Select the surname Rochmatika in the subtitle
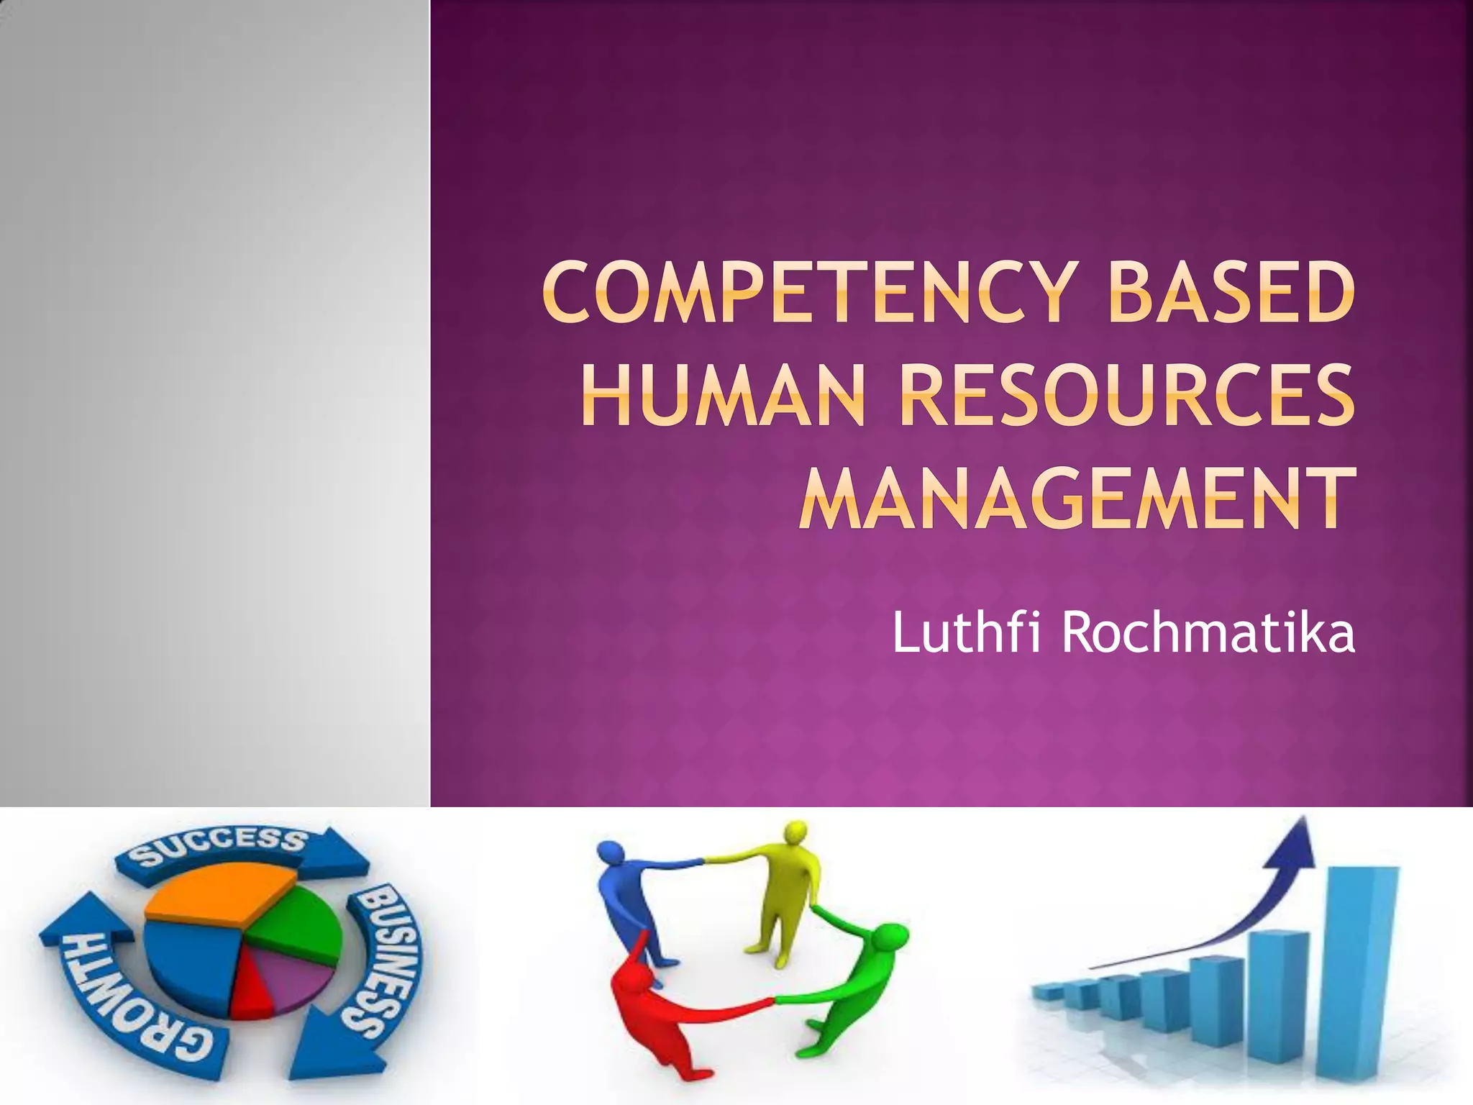1208,632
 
